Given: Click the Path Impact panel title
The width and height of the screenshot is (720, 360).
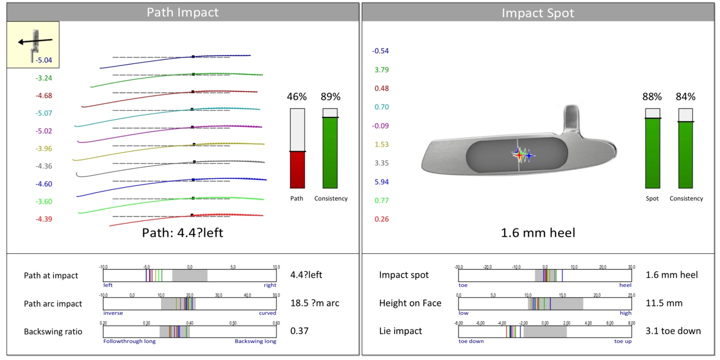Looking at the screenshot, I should tap(182, 12).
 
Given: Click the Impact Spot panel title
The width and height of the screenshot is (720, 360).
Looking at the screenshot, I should tap(537, 12).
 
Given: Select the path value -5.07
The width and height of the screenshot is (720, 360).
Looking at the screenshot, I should tap(43, 113).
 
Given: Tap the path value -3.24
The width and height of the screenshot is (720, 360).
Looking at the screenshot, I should tap(43, 78).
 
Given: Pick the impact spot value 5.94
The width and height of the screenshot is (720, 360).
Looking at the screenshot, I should tap(381, 182).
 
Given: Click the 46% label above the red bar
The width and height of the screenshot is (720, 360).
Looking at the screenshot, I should tap(297, 96).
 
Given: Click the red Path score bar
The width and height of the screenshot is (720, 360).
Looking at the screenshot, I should tap(297, 169).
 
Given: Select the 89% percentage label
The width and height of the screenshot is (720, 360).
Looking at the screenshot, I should tap(330, 96).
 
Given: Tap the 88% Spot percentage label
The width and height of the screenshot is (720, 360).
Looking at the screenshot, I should tap(652, 96).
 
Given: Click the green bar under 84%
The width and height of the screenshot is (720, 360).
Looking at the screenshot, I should tap(685, 154).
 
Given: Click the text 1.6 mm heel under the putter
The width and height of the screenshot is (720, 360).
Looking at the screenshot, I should tap(537, 232).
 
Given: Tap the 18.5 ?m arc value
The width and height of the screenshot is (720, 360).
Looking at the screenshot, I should tap(314, 303).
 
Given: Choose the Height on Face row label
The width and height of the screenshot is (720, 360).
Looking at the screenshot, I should tap(410, 303).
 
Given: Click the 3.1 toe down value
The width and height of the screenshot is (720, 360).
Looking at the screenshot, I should tap(673, 331).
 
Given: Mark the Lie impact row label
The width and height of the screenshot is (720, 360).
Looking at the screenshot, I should tap(400, 331).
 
